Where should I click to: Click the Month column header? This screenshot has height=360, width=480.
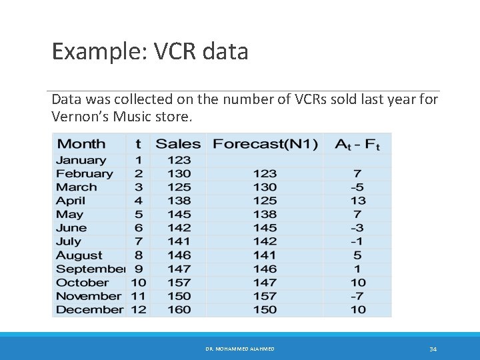coord(81,143)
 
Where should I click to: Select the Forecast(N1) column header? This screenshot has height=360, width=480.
coord(265,143)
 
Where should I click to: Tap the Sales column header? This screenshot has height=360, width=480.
coord(178,143)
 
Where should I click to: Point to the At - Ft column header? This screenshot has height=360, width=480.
coord(358,143)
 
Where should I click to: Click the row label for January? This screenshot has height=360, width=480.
coord(81,160)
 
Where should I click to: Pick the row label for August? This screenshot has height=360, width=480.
coord(79,255)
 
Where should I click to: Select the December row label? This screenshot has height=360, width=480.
coord(89,309)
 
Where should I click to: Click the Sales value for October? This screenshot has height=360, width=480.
coord(179,282)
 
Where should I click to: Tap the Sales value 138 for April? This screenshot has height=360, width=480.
coord(179,201)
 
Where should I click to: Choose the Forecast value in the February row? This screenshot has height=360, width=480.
coord(265,173)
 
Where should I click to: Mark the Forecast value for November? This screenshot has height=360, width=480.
coord(265,296)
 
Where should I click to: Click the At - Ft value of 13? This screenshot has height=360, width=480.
coord(358,201)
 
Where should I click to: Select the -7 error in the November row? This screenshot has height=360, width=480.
coord(358,296)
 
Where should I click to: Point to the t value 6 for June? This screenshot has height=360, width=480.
coord(139,228)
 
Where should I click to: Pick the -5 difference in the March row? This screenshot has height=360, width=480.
coord(358,187)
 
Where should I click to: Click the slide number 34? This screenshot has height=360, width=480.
coord(433,349)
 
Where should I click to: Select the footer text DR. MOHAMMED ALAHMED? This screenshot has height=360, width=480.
coord(240,349)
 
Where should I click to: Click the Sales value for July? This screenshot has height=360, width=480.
coord(179,241)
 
